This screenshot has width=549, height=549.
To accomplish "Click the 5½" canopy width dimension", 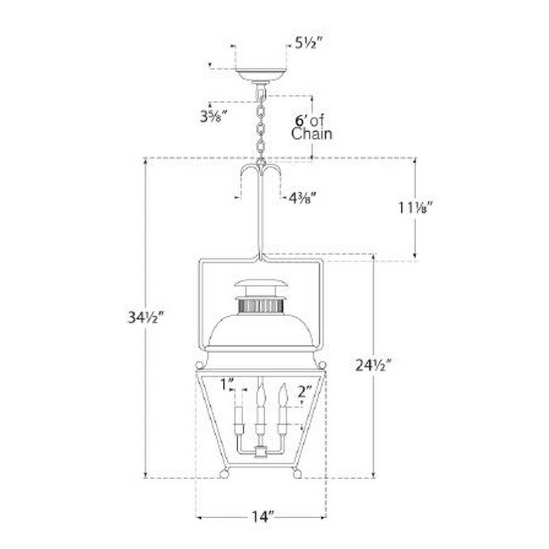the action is [308, 43].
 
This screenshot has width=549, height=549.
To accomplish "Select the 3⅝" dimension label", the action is [214, 116].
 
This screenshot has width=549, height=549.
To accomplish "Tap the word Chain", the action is [312, 134].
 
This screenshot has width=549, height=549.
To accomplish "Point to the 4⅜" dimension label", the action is [303, 198].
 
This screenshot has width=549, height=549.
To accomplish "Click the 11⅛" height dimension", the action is [416, 208].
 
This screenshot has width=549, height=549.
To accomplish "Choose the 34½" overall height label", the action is [145, 317].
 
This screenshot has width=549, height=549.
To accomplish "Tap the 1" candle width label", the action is [227, 384].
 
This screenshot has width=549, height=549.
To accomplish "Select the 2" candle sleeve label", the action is [305, 392].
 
